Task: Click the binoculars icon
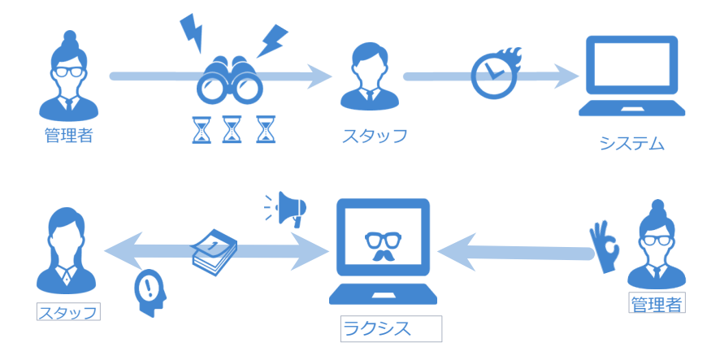click(230, 80)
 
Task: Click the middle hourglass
click(232, 129)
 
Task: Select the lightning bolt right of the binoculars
click(272, 41)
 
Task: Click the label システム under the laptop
click(632, 144)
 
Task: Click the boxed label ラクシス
click(391, 328)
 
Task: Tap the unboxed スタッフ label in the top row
click(375, 137)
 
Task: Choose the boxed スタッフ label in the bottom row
click(68, 312)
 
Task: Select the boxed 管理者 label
click(657, 302)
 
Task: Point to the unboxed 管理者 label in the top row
click(69, 135)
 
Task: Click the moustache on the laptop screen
click(383, 255)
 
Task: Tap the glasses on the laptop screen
click(384, 240)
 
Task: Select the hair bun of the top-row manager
click(70, 37)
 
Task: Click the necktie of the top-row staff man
click(370, 95)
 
